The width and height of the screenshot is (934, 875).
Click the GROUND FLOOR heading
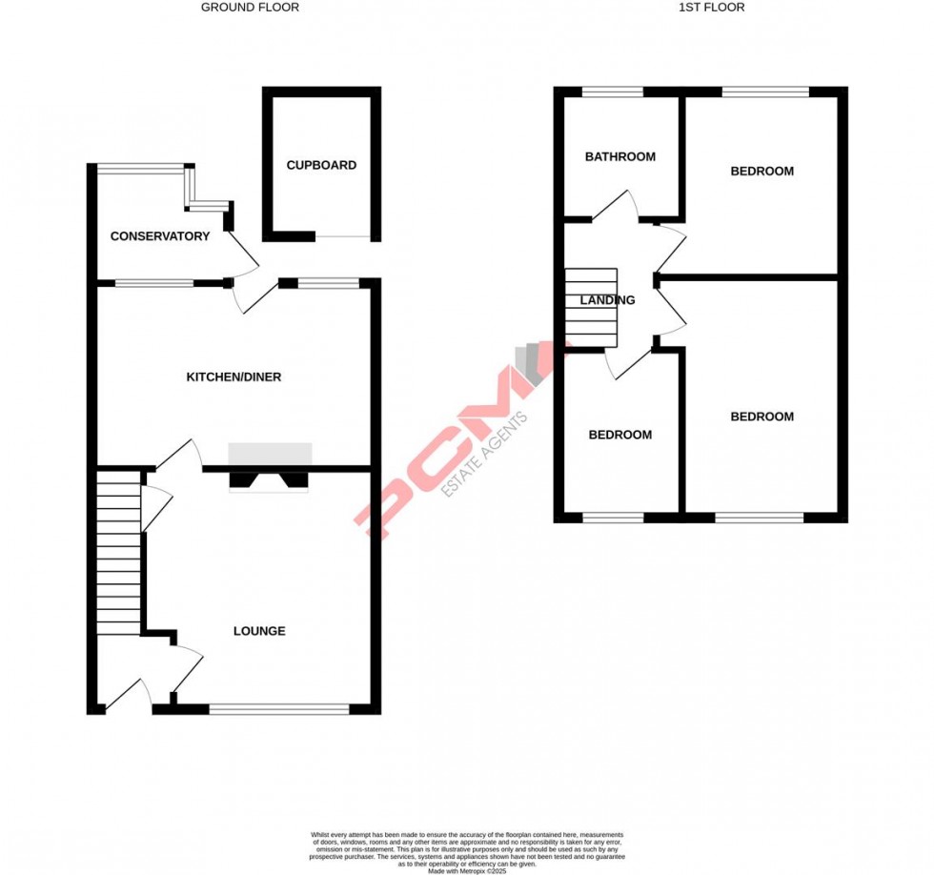pos(250,8)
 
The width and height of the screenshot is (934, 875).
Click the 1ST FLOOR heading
pos(711,8)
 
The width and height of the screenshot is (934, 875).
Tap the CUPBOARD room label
pos(321,165)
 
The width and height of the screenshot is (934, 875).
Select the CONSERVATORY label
pos(160,236)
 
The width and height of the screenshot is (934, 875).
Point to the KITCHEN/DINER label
pos(233,377)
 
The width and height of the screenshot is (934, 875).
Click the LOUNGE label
pos(259,631)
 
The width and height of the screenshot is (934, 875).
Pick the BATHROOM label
pos(620,156)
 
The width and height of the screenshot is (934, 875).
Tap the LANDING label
pos(608,300)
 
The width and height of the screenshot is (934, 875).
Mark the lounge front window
pos(279,708)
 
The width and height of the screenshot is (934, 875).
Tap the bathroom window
pos(613,92)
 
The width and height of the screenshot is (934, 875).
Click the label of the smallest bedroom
pos(620,435)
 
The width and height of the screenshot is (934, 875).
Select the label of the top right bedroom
pos(761,172)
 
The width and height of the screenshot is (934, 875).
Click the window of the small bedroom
pos(613,518)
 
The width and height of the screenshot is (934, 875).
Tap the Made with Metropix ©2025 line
pos(467,871)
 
